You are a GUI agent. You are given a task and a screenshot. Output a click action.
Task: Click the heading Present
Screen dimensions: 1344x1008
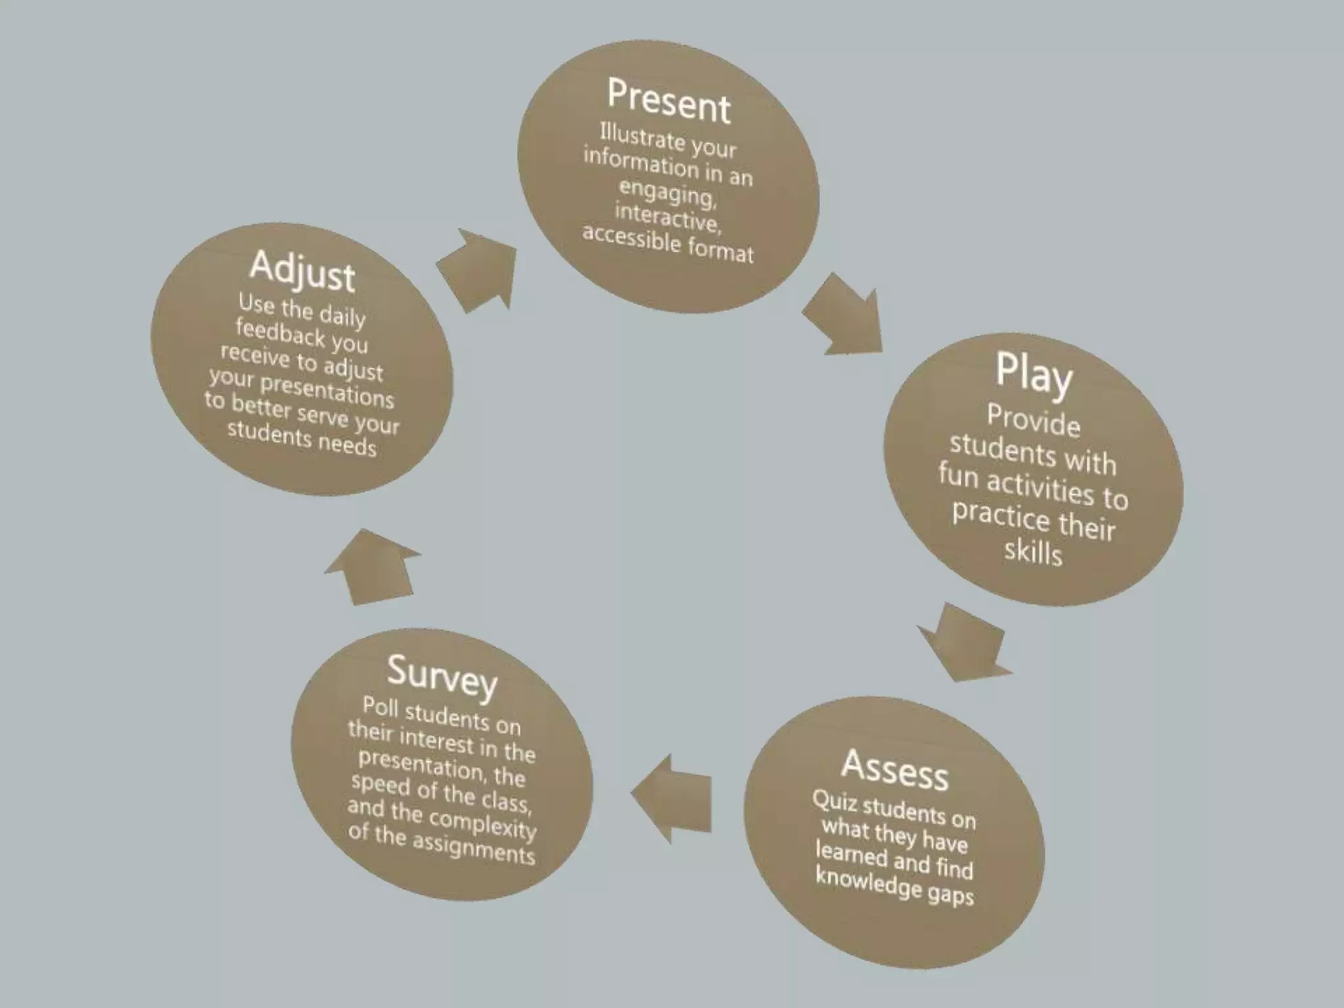669,101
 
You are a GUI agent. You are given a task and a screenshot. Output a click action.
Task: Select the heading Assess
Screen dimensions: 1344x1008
895,769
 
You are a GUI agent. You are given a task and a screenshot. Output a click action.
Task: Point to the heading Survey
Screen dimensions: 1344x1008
442,677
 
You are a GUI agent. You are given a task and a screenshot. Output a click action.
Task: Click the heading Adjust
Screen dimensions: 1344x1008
303,270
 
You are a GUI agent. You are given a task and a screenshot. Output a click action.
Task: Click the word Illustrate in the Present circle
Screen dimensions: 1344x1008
633,136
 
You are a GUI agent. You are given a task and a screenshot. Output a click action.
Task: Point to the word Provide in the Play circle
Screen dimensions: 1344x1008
1034,420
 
